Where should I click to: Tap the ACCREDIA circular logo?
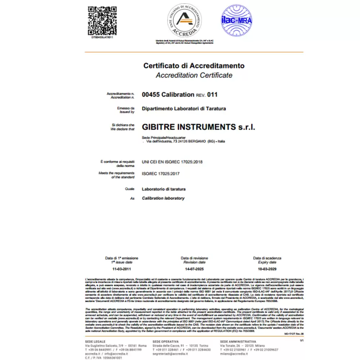pos(184,21)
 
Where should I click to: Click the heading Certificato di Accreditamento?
pos(194,66)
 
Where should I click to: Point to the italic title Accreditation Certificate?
pos(194,75)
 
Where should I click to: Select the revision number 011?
pos(212,95)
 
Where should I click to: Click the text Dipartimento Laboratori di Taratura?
pos(184,108)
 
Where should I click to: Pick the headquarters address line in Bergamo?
pos(185,141)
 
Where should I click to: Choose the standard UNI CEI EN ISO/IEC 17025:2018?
pos(172,162)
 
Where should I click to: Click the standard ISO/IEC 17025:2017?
pos(161,174)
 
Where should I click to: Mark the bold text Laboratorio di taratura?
pos(164,189)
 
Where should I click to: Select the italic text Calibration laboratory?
pos(163,198)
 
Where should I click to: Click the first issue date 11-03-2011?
pos(121,269)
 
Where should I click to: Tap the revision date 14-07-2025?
pos(194,269)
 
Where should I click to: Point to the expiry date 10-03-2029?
pos(267,269)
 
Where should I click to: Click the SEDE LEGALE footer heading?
pos(95,341)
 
